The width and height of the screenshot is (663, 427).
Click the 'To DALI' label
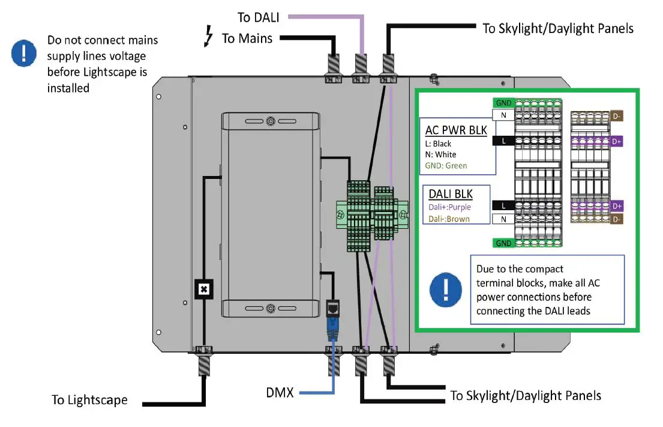(259, 17)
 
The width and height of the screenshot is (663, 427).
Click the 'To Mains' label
(247, 38)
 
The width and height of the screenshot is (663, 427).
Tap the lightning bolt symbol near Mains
(209, 38)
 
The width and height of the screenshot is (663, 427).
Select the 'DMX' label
(280, 393)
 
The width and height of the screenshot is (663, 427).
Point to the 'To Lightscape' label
(89, 400)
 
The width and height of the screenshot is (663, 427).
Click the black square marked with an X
(204, 289)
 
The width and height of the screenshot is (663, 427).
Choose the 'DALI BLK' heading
(451, 194)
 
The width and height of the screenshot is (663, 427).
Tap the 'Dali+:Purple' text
(450, 207)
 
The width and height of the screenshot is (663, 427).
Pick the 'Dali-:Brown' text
(449, 219)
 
